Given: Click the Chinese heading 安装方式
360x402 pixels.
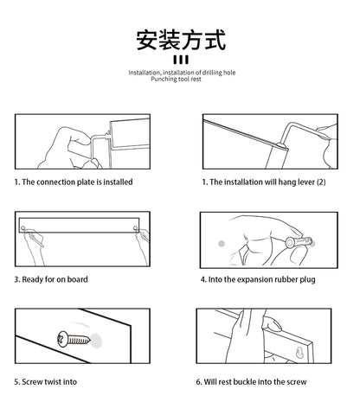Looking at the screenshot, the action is coord(181,40).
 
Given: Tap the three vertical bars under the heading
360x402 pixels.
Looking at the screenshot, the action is coord(181,60).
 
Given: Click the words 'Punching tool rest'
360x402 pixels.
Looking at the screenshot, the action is coord(176,79).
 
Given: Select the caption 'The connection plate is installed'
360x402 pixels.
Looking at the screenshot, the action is coord(77,182).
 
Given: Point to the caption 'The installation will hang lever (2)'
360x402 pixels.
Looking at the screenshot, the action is coord(267,182).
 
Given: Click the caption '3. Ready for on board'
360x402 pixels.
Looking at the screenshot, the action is coord(51,279).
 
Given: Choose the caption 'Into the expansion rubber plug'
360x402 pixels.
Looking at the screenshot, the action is coord(262,279).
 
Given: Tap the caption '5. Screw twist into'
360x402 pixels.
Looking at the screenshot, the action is coord(46,382).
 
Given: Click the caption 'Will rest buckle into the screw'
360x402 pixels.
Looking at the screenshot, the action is coord(255,382).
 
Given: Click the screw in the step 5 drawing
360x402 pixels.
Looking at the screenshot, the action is coord(74,340).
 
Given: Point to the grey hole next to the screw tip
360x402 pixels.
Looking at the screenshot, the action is coord(96,341).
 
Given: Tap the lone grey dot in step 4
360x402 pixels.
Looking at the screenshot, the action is coord(222,244).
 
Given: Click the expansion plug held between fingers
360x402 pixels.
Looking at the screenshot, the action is coord(299,242).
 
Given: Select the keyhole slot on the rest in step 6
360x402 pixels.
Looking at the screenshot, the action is coord(299,353).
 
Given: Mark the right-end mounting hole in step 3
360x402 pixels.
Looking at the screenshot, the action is coord(135,228).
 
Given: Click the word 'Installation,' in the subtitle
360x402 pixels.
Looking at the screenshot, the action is coord(145,73).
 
